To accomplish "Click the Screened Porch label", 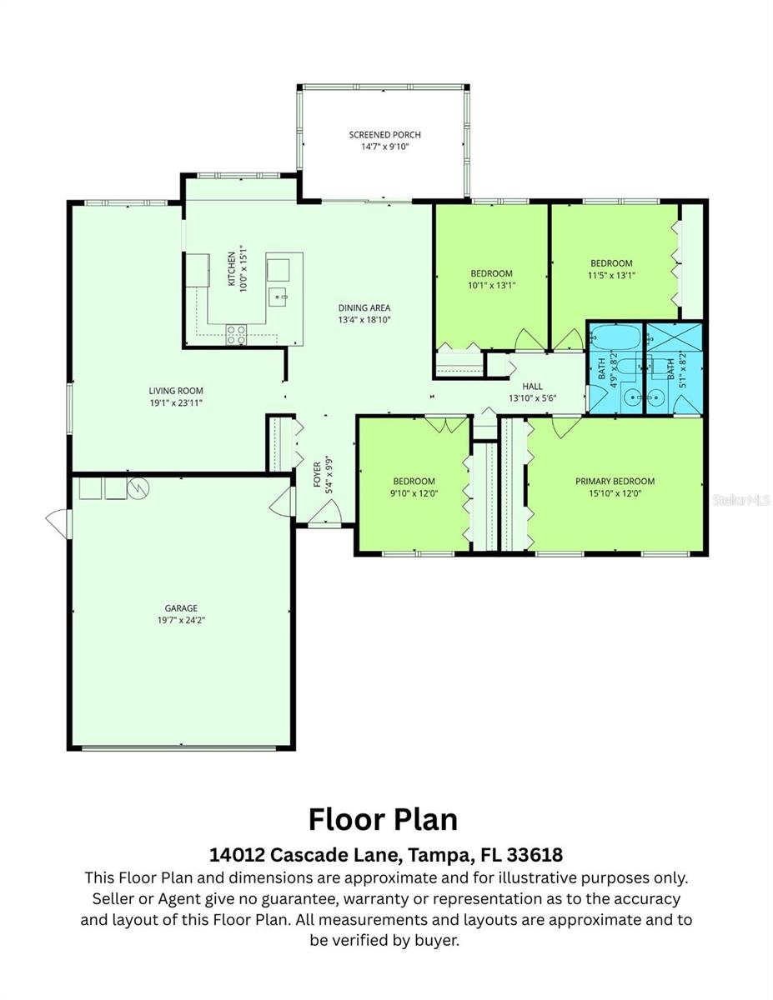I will tap(384, 135).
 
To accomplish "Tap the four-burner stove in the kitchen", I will tap(236, 334).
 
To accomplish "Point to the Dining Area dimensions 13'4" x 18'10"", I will tap(364, 319).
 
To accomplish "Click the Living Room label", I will tap(176, 391).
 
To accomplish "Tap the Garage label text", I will tap(181, 608).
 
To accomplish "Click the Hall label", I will tap(532, 387).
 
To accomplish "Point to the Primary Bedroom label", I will tap(615, 481).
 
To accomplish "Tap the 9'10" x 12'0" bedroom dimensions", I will tap(414, 492).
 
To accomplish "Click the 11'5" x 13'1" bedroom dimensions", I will tap(611, 275).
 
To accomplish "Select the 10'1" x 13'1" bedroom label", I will tap(491, 273).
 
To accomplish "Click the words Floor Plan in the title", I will tap(383, 819).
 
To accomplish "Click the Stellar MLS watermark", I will tap(741, 501).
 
